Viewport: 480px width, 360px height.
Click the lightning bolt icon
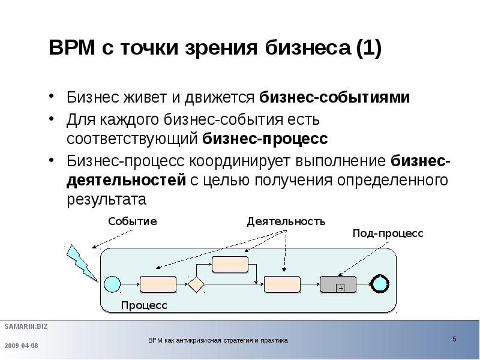pyautogui.click(x=80, y=261)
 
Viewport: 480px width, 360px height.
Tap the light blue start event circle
pyautogui.click(x=112, y=283)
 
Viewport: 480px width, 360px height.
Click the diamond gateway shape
pyautogui.click(x=196, y=283)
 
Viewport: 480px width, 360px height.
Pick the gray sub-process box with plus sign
pyautogui.click(x=338, y=283)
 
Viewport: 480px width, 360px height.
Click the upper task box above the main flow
pyautogui.click(x=230, y=263)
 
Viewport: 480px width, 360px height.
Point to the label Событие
pyautogui.click(x=132, y=221)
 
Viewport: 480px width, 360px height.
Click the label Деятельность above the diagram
pyautogui.click(x=286, y=221)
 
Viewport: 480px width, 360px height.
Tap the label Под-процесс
pyautogui.click(x=388, y=233)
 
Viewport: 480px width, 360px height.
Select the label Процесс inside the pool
pyautogui.click(x=144, y=305)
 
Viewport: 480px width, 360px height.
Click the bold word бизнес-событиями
pyautogui.click(x=335, y=97)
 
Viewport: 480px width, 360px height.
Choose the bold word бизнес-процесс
pyautogui.click(x=265, y=139)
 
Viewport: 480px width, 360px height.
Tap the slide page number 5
pyautogui.click(x=454, y=339)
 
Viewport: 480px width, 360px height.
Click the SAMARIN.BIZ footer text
pyautogui.click(x=26, y=326)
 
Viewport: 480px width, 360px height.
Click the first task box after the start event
pyautogui.click(x=158, y=283)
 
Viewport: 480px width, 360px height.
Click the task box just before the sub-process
pyautogui.click(x=282, y=283)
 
